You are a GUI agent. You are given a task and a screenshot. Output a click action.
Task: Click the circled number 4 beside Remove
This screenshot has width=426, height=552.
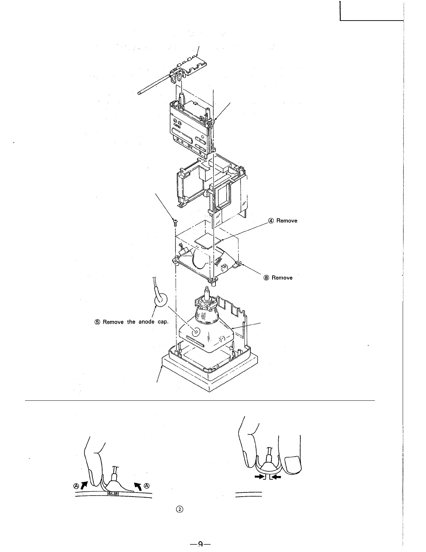tap(271, 221)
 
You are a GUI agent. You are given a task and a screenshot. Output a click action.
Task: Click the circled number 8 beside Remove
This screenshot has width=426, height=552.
tap(267, 278)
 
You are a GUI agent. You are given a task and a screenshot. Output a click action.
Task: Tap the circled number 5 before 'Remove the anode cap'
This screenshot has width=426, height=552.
tap(98, 322)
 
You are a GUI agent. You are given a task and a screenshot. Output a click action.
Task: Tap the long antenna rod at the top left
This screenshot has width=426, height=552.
tap(153, 84)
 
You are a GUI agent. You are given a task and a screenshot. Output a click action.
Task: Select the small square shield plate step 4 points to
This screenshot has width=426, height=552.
tap(208, 240)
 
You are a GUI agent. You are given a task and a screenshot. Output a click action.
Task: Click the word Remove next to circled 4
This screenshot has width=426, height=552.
tap(287, 221)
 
